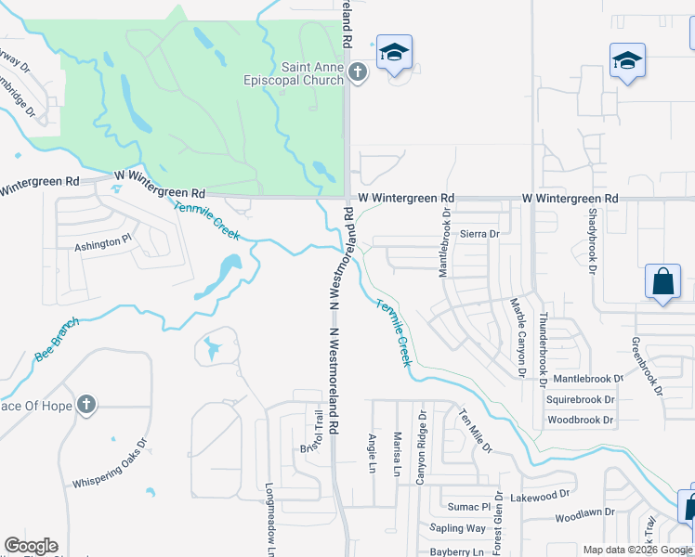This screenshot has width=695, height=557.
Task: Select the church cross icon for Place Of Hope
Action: click(x=85, y=404)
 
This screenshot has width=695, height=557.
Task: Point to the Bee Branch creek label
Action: click(x=58, y=341)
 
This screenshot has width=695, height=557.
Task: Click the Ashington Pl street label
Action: click(x=103, y=243)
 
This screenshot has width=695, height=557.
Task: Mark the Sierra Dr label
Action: click(x=479, y=234)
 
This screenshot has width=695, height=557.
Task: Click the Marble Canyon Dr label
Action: click(x=518, y=337)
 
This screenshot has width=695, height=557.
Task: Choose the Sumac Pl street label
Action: click(x=468, y=507)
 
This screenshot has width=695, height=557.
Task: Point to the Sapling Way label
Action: click(x=458, y=528)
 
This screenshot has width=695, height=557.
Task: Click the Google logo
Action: click(x=31, y=546)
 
